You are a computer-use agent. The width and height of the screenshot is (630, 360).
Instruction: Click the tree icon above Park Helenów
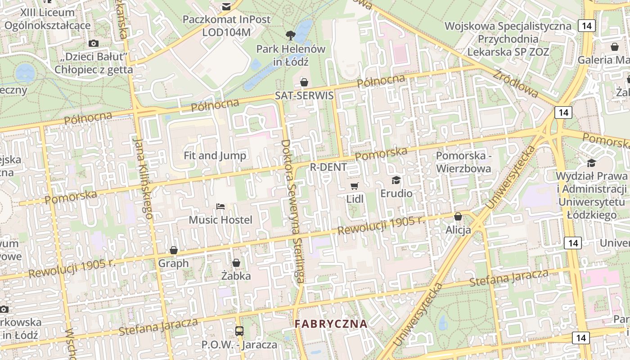(x=290, y=35)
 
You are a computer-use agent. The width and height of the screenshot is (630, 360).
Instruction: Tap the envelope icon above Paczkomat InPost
(x=226, y=6)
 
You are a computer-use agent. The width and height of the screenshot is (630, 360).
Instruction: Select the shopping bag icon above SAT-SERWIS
(x=304, y=82)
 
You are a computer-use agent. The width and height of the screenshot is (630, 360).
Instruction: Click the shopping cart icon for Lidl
(x=355, y=186)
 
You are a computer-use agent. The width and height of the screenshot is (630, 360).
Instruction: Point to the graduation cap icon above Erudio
(x=396, y=180)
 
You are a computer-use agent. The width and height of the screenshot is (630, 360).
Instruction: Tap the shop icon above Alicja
(x=458, y=216)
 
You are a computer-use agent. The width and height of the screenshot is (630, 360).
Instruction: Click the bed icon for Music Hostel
(x=220, y=207)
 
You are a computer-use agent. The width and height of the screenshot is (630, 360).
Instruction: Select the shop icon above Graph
(x=174, y=250)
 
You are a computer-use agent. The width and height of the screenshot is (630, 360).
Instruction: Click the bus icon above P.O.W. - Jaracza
(x=239, y=331)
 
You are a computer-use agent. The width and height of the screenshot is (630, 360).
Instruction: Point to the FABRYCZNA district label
(x=331, y=324)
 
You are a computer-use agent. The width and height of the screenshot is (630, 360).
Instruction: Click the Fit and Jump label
(x=215, y=156)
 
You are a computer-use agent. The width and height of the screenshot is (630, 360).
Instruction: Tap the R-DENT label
(x=328, y=167)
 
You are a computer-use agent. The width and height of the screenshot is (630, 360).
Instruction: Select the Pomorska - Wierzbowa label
(x=463, y=162)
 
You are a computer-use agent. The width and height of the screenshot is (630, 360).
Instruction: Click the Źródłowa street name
(x=515, y=83)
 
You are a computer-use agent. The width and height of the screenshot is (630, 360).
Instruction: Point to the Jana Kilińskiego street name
(x=144, y=178)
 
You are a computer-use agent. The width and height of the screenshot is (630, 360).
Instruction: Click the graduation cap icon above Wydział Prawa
(x=591, y=162)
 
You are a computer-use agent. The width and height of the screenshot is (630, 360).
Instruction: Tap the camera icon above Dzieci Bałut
(x=94, y=44)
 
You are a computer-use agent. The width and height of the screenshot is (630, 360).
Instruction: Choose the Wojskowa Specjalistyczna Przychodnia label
(x=508, y=39)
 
